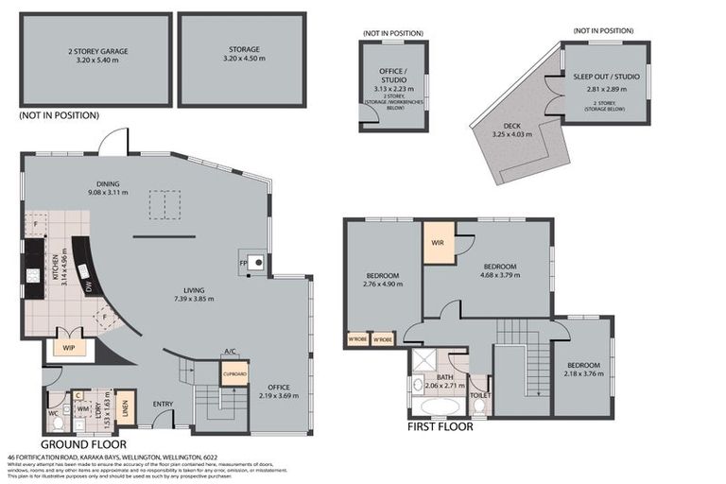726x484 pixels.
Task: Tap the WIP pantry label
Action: tap(69, 347)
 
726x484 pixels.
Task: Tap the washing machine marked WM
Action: tap(82, 408)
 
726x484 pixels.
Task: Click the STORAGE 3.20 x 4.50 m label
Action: tap(243, 54)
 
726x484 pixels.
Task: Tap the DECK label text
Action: tap(512, 129)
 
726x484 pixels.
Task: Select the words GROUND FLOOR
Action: tap(82, 443)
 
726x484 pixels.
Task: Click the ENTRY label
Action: tap(163, 405)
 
